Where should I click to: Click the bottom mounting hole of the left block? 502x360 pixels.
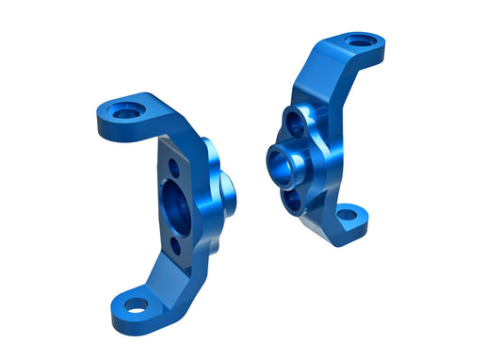tap(134, 305)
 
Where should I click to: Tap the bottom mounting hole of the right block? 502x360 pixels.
tap(347, 215)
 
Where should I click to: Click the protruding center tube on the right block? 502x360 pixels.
tap(284, 160)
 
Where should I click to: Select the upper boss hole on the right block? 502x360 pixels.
tap(295, 123)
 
